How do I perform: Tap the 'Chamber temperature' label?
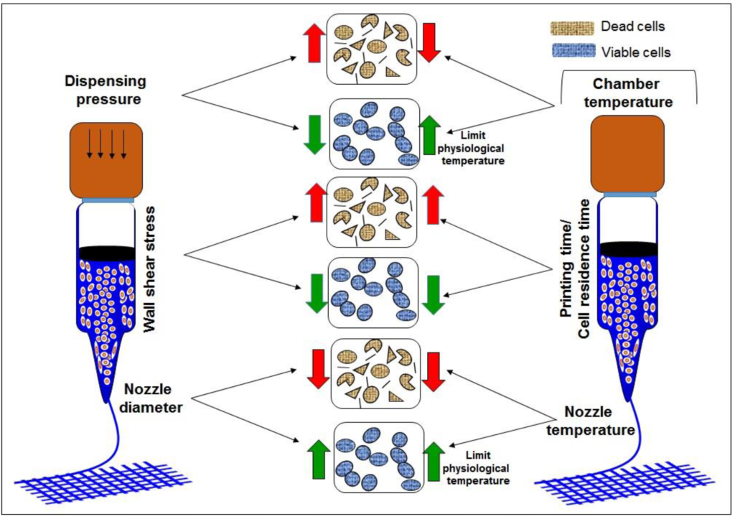[628, 93]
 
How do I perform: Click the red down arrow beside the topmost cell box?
[431, 42]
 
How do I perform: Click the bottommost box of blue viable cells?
[377, 459]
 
